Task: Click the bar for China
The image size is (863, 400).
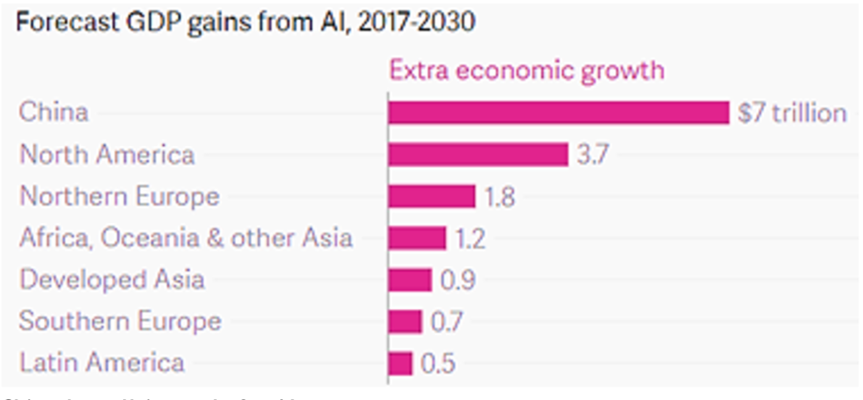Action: pos(558,112)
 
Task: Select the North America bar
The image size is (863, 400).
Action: pos(477,154)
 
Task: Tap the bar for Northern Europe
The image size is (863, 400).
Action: pos(431,196)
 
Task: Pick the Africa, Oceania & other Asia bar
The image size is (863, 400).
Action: pos(417,238)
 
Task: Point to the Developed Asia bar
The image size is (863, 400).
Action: pos(409,279)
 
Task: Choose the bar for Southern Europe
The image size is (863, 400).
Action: pos(405,321)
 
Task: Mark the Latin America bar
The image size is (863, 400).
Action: pos(400,362)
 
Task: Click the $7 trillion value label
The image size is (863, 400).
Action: pos(792,113)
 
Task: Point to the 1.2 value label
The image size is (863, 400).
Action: pos(470,239)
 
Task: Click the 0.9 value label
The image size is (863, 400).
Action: pos(457,280)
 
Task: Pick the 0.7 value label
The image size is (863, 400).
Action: pos(447,321)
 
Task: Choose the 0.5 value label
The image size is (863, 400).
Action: pos(438,363)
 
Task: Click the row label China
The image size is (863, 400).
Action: pos(54,113)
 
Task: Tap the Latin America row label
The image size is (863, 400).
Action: pos(102,362)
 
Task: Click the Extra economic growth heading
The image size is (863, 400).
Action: pos(527,71)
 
